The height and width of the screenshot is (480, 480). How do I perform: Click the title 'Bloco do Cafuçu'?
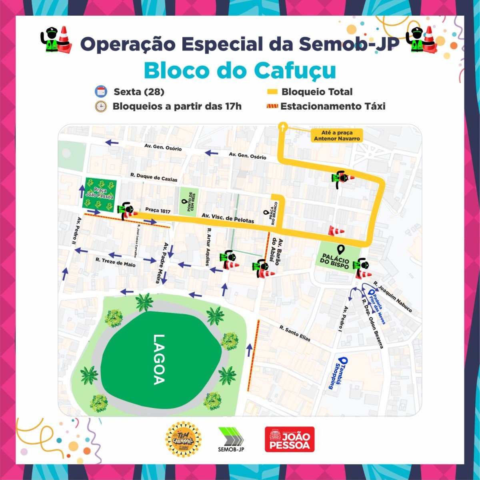pos(240,71)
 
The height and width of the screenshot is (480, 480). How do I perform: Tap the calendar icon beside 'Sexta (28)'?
pos(101,92)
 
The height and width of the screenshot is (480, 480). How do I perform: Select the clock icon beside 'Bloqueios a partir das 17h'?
pos(101,106)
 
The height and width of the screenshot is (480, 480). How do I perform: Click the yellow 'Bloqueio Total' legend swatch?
pos(272,92)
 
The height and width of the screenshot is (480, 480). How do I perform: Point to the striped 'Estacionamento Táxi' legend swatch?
pos(272,106)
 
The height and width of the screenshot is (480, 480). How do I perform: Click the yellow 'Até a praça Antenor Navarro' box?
pos(336,136)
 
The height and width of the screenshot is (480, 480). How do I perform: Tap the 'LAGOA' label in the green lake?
pos(159,359)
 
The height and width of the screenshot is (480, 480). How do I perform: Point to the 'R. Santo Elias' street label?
pos(295,334)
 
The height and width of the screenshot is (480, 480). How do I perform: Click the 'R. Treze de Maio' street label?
pos(115,262)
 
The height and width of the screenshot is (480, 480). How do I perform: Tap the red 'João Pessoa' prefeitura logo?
pos(290,439)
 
